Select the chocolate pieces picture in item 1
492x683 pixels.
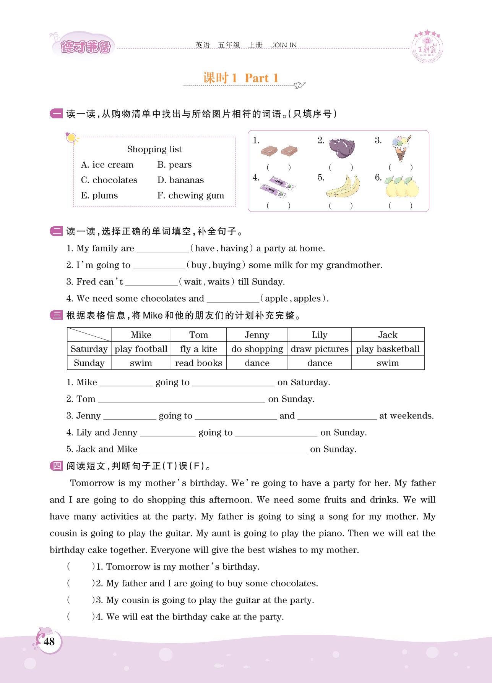point(279,151)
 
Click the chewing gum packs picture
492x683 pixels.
point(278,186)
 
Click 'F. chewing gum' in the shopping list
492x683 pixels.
point(190,195)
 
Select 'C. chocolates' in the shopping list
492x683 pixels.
point(109,180)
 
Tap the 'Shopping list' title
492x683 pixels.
point(154,149)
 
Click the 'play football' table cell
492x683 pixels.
point(141,349)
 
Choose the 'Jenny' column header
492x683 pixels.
point(257,335)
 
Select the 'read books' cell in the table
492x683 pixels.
point(198,363)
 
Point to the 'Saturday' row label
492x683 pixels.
point(89,349)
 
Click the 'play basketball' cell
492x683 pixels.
point(388,349)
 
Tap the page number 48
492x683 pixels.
point(49,641)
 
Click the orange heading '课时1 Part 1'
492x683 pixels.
point(241,78)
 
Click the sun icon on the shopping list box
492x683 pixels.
point(71,138)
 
